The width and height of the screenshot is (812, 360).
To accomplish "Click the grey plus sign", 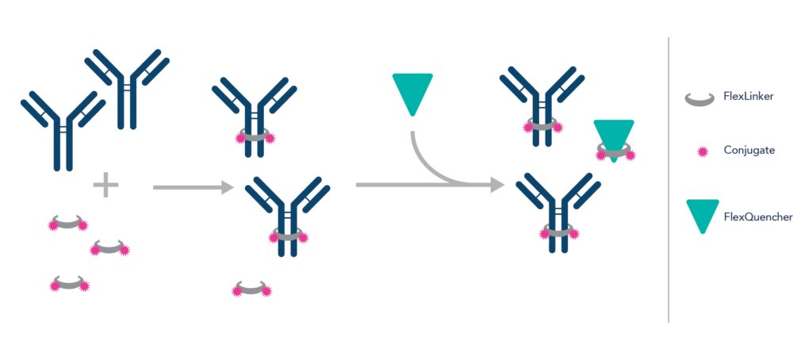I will coord(105,186).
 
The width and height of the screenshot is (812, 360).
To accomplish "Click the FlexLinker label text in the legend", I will coord(749,97).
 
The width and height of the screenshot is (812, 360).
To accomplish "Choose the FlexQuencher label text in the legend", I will coord(757,216).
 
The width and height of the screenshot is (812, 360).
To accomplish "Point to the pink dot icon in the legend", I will coord(702,150).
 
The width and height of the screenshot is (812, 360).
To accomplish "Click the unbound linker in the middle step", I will coord(252,289).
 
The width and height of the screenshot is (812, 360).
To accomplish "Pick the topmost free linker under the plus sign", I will coord(68,224).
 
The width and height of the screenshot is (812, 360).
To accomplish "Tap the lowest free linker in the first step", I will coord(70,284).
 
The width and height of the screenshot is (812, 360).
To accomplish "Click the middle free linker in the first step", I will coord(109,249).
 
